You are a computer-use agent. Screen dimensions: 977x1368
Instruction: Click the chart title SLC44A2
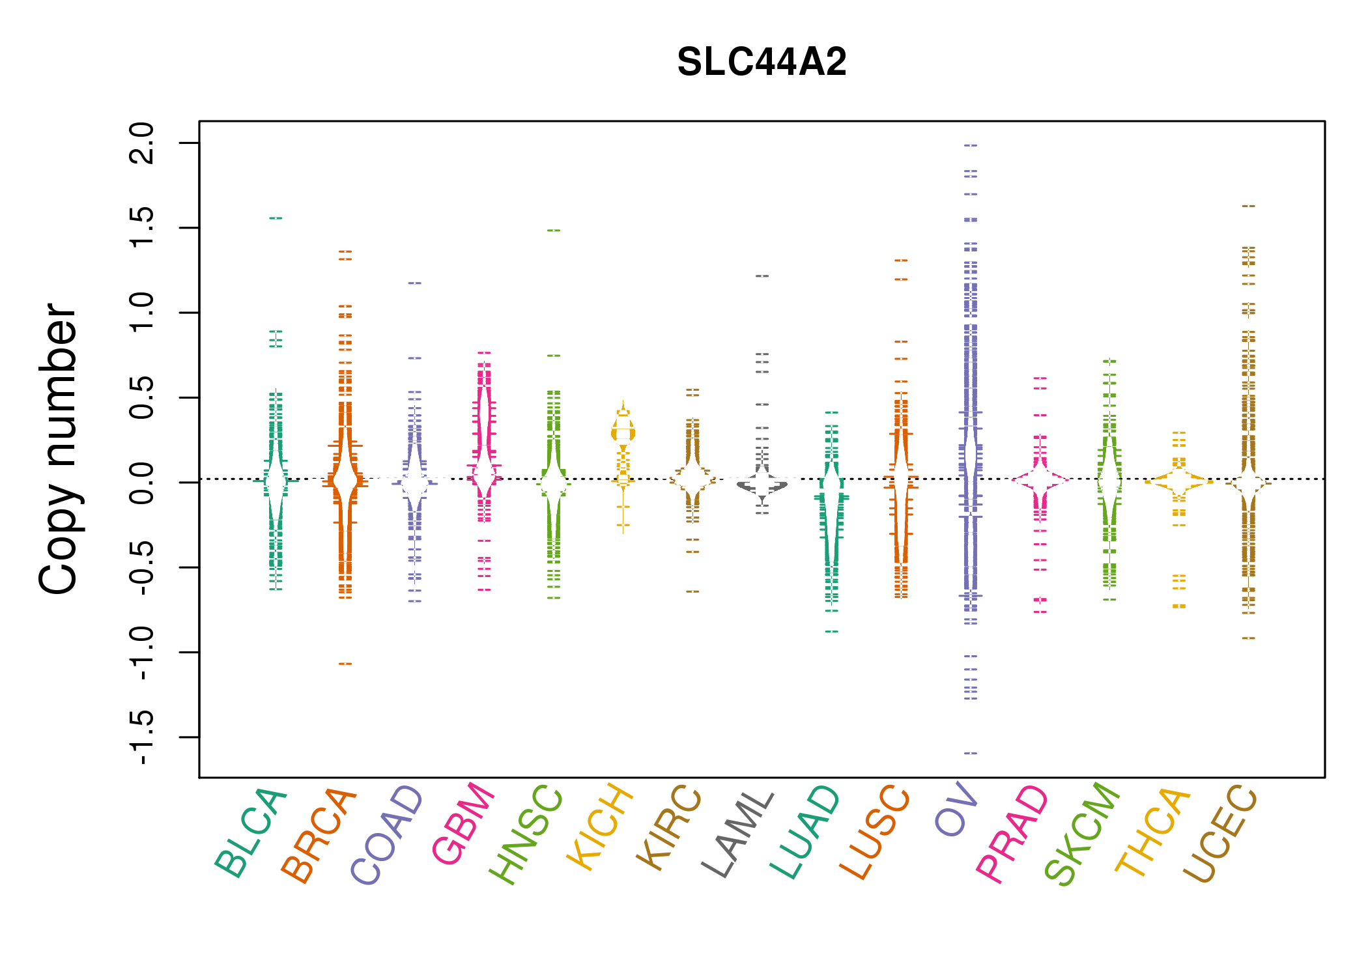762,63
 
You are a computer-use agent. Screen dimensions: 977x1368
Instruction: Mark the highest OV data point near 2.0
971,145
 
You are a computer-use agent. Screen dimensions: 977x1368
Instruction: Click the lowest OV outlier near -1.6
971,753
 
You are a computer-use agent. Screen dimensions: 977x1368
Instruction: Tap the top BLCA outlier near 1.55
276,218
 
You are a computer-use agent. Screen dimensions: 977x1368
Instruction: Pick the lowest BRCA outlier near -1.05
345,664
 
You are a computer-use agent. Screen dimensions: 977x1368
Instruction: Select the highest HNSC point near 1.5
554,231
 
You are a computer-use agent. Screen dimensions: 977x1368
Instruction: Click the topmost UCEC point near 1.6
1248,206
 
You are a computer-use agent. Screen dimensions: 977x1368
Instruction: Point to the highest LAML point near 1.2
762,276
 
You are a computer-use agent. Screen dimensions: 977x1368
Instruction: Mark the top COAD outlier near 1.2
415,283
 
